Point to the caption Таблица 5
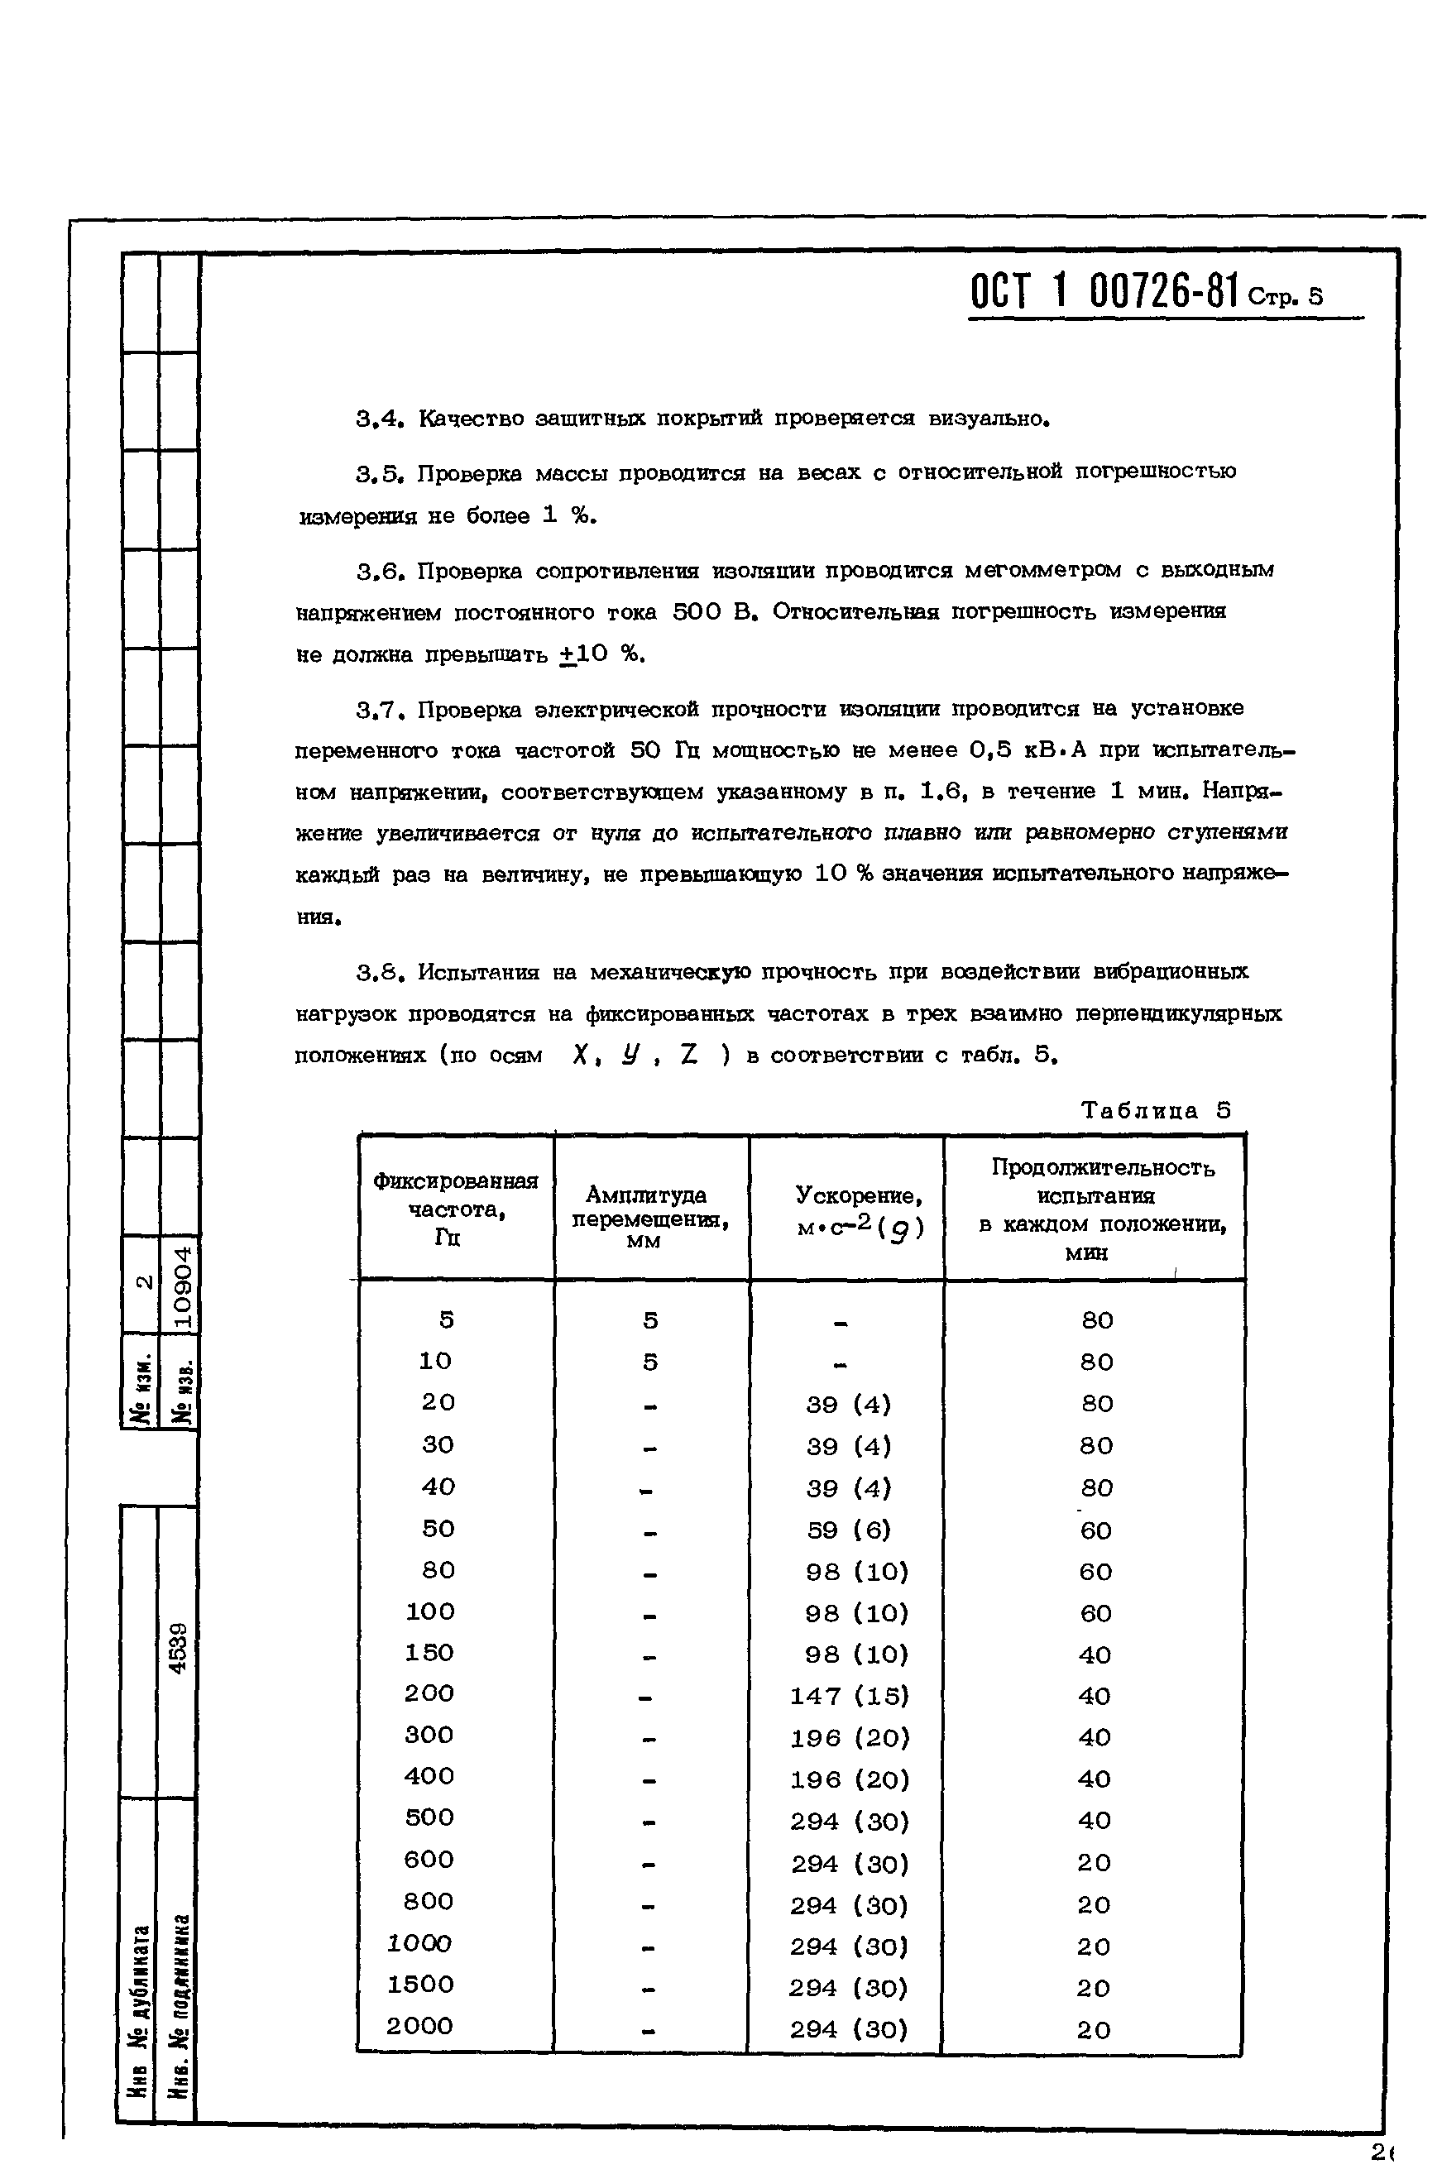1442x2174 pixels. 1155,1110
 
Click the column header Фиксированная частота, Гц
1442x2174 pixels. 455,1209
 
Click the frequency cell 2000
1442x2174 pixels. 419,2025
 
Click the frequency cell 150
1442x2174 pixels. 429,1653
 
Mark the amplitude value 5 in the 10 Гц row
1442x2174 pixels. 650,1362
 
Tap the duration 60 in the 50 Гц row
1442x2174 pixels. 1095,1530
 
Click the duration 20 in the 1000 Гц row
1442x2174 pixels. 1094,1946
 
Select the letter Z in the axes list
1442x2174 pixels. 689,1055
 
